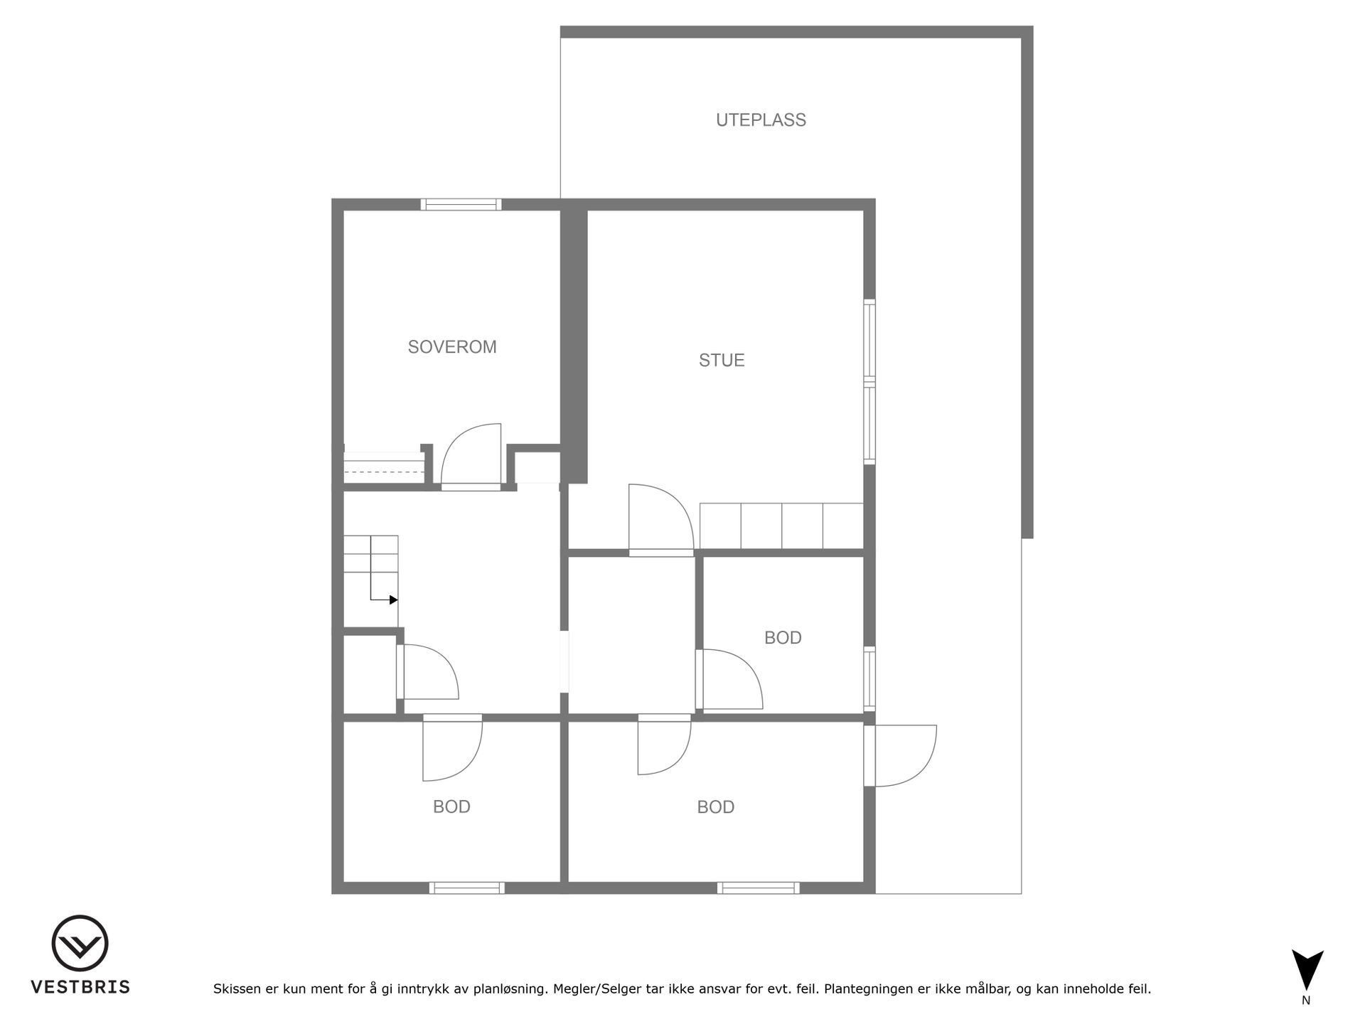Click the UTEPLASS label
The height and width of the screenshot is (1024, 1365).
pos(761,120)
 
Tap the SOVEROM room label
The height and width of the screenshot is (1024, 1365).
pos(452,347)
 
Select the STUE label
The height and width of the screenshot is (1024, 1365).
pos(722,361)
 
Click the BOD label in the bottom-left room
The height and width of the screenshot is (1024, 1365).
pos(451,807)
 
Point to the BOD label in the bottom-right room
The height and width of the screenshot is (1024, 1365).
pos(715,807)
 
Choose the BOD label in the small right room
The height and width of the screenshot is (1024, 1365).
pos(783,638)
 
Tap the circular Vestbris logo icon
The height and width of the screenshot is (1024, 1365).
pos(80,943)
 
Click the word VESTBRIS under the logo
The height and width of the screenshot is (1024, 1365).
pos(80,987)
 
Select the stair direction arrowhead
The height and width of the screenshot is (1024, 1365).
pos(394,599)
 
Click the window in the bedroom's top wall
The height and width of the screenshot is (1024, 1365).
pos(461,205)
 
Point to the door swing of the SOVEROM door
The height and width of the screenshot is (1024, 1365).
pos(471,454)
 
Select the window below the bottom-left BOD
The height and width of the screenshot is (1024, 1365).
pos(467,888)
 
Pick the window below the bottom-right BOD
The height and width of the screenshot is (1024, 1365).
pos(759,888)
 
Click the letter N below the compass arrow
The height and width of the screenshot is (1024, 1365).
pos(1306,1001)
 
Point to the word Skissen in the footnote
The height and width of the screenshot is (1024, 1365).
pos(237,988)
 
